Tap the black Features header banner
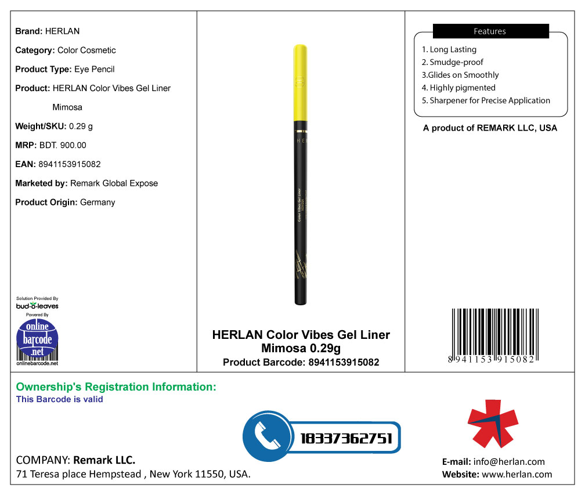[x=490, y=31]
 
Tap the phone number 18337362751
[x=346, y=438]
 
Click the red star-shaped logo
[x=493, y=424]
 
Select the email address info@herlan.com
[x=509, y=462]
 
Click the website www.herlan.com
[x=517, y=474]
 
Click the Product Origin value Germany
[x=98, y=203]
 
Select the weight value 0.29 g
[x=81, y=126]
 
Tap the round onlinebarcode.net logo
[x=37, y=339]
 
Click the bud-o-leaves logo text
[x=37, y=306]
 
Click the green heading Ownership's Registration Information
[x=116, y=387]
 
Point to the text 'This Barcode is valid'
[x=60, y=399]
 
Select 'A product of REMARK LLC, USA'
[x=490, y=128]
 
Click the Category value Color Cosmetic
[x=86, y=50]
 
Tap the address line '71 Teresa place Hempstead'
[x=79, y=474]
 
